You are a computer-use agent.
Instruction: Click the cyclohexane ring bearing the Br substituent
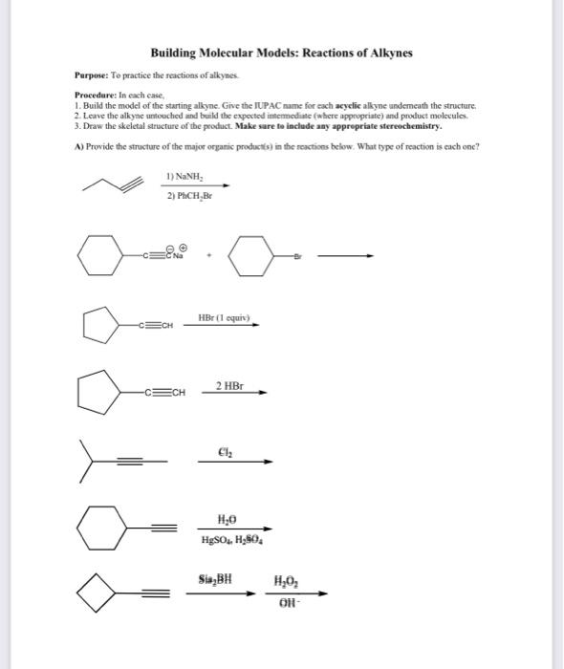(252, 255)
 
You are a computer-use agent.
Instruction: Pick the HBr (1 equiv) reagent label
(227, 317)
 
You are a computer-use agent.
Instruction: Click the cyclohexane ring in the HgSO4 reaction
(103, 527)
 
